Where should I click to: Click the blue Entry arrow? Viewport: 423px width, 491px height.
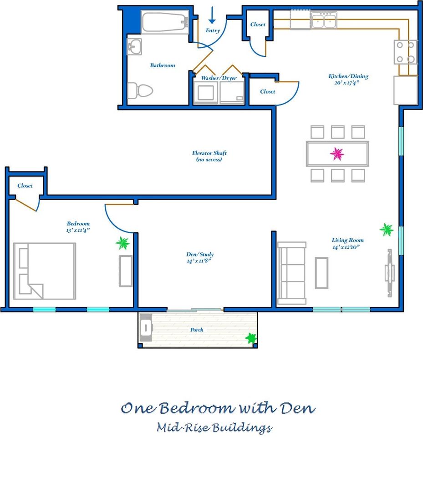212,15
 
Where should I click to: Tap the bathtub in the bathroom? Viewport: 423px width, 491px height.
165,22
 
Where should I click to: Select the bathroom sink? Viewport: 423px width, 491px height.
134,47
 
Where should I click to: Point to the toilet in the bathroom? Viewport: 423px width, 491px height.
140,91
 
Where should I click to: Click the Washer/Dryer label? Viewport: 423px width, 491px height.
219,78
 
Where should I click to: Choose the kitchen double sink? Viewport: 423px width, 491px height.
324,20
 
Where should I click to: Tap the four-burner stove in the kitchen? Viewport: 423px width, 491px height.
405,52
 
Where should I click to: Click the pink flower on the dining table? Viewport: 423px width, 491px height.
337,154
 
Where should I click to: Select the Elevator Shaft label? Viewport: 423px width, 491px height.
209,156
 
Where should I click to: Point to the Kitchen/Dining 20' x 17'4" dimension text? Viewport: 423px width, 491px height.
347,83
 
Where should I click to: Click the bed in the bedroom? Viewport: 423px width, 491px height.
45,271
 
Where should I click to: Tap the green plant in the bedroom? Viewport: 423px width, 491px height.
122,243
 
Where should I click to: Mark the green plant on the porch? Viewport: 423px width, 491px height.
251,338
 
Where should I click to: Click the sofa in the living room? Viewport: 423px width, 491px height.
292,273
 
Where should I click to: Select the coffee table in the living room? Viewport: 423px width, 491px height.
322,273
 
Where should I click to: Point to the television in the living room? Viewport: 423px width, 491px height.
389,273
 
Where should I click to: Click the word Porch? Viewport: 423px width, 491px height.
197,330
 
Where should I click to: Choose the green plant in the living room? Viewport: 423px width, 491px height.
386,230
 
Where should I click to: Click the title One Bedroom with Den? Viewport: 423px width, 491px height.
218,408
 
